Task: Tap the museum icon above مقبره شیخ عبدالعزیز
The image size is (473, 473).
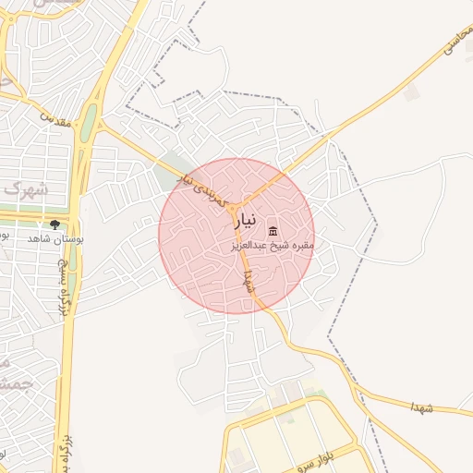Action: click(273, 230)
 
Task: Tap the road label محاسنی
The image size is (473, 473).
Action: click(457, 38)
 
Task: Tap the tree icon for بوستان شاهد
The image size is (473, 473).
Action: click(55, 224)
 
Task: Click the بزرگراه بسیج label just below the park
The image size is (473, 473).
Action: click(64, 286)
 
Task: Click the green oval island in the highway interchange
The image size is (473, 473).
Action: click(89, 128)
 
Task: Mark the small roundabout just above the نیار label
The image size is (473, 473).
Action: click(237, 205)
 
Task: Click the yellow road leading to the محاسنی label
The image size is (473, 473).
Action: click(388, 92)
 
